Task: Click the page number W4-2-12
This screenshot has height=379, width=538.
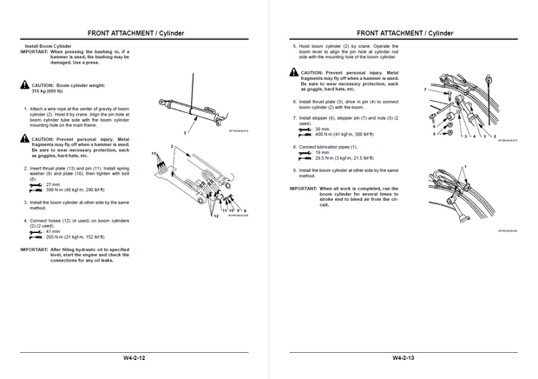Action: point(134,358)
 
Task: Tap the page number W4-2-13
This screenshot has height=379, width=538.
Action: point(403,358)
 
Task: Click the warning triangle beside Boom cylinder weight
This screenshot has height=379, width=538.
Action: point(24,84)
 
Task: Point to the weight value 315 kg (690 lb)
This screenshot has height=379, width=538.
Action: point(50,90)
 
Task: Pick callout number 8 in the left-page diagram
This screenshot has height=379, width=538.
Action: point(246,210)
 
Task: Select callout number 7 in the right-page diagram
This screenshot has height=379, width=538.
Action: point(423,89)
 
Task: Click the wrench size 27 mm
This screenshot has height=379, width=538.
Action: point(52,184)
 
